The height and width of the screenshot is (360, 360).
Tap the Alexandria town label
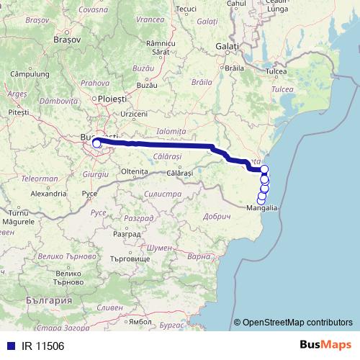click(x=49, y=194)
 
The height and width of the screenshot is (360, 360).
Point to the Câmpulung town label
click(x=29, y=74)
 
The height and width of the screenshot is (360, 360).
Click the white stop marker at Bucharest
click(x=96, y=144)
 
